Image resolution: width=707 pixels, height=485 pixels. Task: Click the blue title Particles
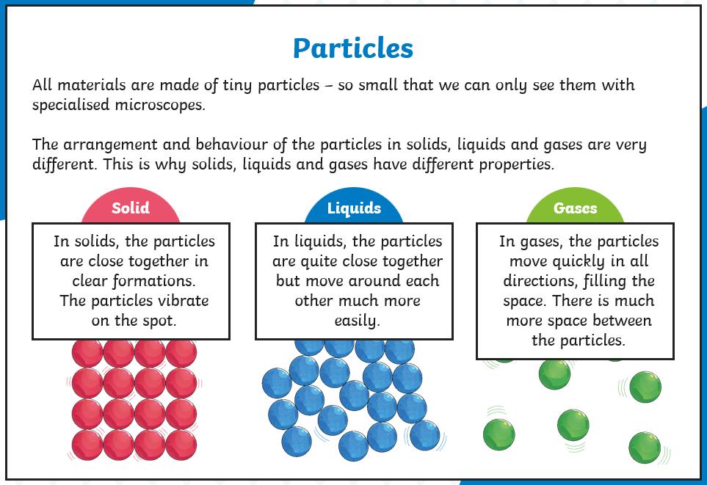(x=353, y=48)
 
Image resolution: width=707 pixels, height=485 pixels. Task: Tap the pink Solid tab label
(x=130, y=208)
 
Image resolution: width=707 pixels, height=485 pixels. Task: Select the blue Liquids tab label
(x=354, y=208)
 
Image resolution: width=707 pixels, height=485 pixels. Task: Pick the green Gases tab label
(x=576, y=208)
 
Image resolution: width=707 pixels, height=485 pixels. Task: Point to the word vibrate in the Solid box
(x=182, y=300)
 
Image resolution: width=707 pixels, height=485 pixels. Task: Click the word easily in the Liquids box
(x=357, y=321)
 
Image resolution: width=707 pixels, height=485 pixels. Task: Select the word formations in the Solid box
(x=153, y=281)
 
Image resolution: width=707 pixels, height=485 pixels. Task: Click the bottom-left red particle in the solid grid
(x=87, y=445)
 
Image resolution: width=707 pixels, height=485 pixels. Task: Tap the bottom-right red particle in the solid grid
(x=181, y=445)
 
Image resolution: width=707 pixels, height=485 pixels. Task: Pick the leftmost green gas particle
(x=499, y=434)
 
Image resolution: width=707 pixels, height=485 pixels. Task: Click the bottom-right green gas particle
(x=645, y=448)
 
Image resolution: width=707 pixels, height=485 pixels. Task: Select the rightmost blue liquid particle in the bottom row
(x=425, y=435)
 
